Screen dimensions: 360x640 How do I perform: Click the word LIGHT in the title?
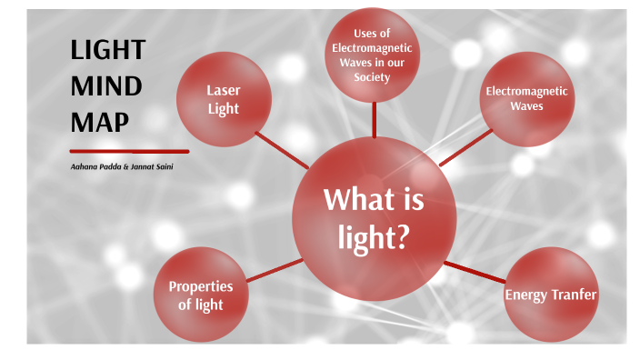pyautogui.click(x=107, y=52)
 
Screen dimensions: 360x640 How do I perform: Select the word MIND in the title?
pyautogui.click(x=105, y=86)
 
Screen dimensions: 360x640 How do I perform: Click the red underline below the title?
pyautogui.click(x=129, y=151)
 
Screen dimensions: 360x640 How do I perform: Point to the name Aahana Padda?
pyautogui.click(x=95, y=167)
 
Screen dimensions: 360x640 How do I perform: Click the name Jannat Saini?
pyautogui.click(x=154, y=167)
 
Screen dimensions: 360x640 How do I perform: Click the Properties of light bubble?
pyautogui.click(x=200, y=294)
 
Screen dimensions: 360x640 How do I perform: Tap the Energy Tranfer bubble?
pyautogui.click(x=551, y=294)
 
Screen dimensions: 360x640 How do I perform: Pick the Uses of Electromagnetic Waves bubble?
pyautogui.click(x=373, y=55)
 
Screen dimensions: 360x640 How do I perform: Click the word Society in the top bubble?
pyautogui.click(x=373, y=77)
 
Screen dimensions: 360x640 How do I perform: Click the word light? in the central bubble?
pyautogui.click(x=374, y=237)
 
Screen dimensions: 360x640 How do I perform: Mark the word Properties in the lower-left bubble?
pyautogui.click(x=201, y=286)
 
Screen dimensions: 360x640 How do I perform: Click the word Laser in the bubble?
pyautogui.click(x=223, y=91)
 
